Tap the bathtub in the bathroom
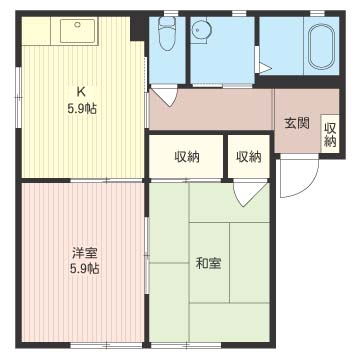321,46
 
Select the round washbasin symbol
201,29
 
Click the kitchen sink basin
77,30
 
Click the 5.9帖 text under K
82,109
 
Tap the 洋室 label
85,254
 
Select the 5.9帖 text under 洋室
85,269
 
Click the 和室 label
208,264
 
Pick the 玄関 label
297,123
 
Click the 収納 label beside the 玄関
330,135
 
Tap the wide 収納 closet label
187,157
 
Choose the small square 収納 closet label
249,157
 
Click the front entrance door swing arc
309,188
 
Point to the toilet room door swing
168,96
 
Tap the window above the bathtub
317,13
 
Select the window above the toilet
171,13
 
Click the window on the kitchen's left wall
19,97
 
